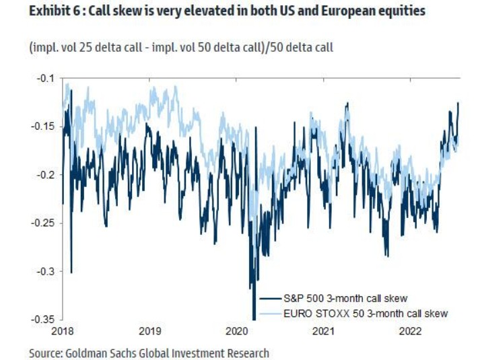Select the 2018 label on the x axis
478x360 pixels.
(63, 332)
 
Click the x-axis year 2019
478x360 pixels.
(149, 332)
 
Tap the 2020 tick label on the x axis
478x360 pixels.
(236, 332)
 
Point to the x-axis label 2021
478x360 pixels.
(323, 332)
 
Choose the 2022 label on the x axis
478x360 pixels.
(409, 332)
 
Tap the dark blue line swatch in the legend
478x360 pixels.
(269, 298)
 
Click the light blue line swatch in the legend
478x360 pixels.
(269, 313)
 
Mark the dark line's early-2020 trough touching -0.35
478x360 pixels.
(254, 318)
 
